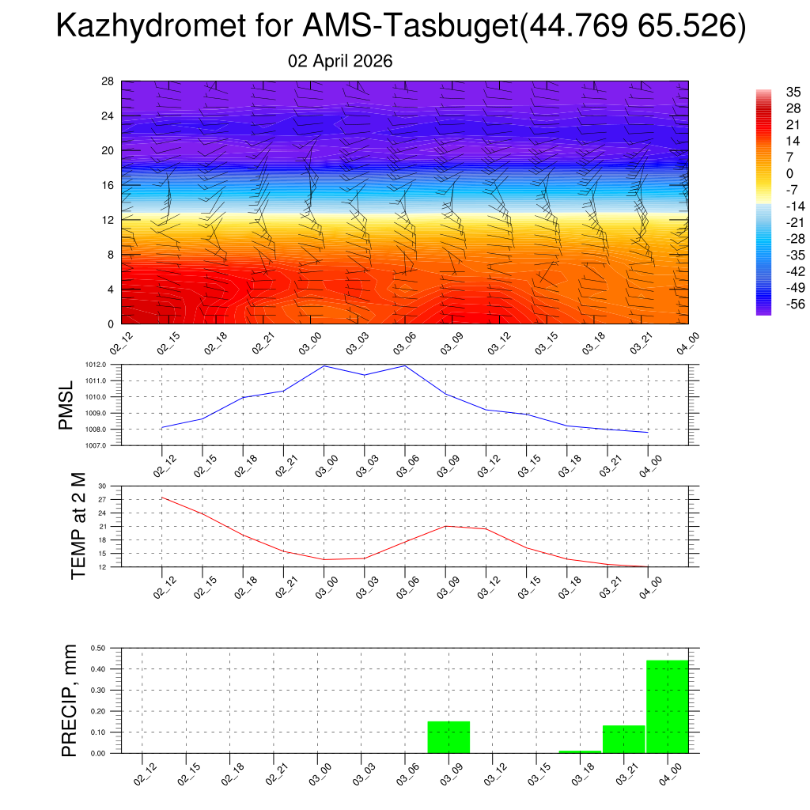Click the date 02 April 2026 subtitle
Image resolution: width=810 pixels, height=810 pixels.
pyautogui.click(x=340, y=61)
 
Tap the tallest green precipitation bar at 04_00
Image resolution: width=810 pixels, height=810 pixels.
pyautogui.click(x=667, y=706)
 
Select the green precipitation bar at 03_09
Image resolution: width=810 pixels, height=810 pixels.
pyautogui.click(x=449, y=737)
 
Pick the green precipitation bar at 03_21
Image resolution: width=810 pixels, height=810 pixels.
pyautogui.click(x=623, y=740)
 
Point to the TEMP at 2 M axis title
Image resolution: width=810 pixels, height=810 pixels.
pyautogui.click(x=78, y=526)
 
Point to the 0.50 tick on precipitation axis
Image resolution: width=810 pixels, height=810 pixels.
pyautogui.click(x=99, y=648)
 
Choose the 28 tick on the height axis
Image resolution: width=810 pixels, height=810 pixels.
pyautogui.click(x=108, y=81)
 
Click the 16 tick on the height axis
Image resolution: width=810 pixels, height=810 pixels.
pyautogui.click(x=108, y=185)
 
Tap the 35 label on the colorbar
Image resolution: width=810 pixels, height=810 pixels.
pyautogui.click(x=771, y=92)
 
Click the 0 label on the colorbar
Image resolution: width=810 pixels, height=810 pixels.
pyautogui.click(x=767, y=173)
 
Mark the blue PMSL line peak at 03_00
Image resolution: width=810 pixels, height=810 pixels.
pyautogui.click(x=324, y=365)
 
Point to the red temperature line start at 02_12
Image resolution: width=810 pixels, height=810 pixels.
pyautogui.click(x=162, y=498)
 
